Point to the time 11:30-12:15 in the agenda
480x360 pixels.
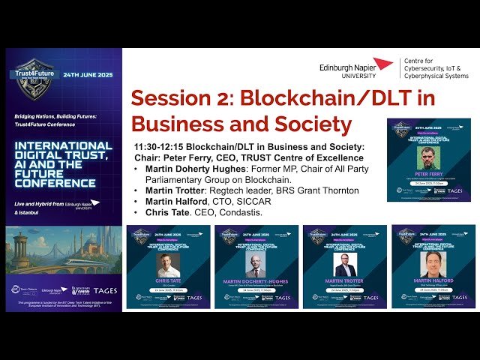point(159,145)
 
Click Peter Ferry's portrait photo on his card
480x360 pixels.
point(428,157)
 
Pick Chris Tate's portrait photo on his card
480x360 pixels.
point(169,265)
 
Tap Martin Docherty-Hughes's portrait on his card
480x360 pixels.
point(257,265)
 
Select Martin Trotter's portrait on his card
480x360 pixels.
point(345,265)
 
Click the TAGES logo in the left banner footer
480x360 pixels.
point(105,290)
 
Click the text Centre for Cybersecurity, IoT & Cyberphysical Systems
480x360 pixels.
point(436,68)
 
